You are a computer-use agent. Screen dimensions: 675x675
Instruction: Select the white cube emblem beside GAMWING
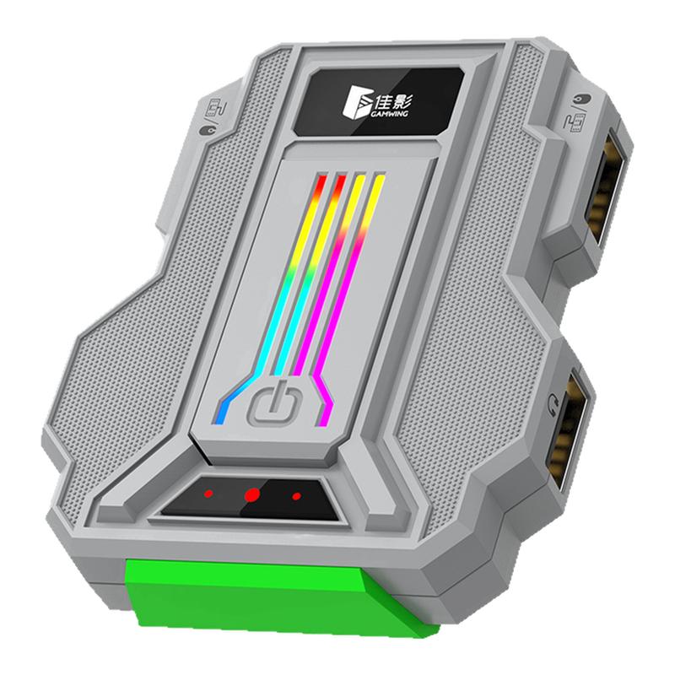click(357, 100)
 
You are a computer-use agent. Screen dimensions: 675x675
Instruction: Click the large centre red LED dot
click(251, 495)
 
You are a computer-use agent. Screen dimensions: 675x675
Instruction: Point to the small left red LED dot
click(208, 493)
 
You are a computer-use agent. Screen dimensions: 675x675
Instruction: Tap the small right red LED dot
click(296, 496)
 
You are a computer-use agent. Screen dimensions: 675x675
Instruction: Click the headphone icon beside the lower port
click(553, 405)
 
